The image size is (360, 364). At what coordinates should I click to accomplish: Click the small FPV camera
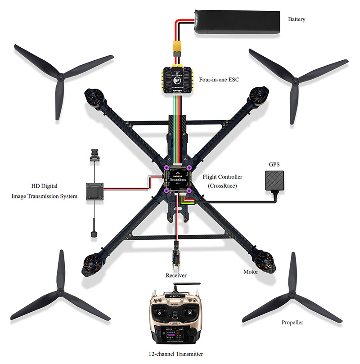[x=95, y=154]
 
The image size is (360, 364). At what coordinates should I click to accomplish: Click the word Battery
[x=297, y=19]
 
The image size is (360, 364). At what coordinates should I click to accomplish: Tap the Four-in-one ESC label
[x=219, y=80]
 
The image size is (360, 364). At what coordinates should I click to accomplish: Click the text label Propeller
[x=292, y=323]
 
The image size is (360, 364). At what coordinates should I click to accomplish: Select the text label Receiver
[x=176, y=274]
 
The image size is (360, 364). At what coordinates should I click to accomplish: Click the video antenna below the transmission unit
[x=95, y=229]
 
